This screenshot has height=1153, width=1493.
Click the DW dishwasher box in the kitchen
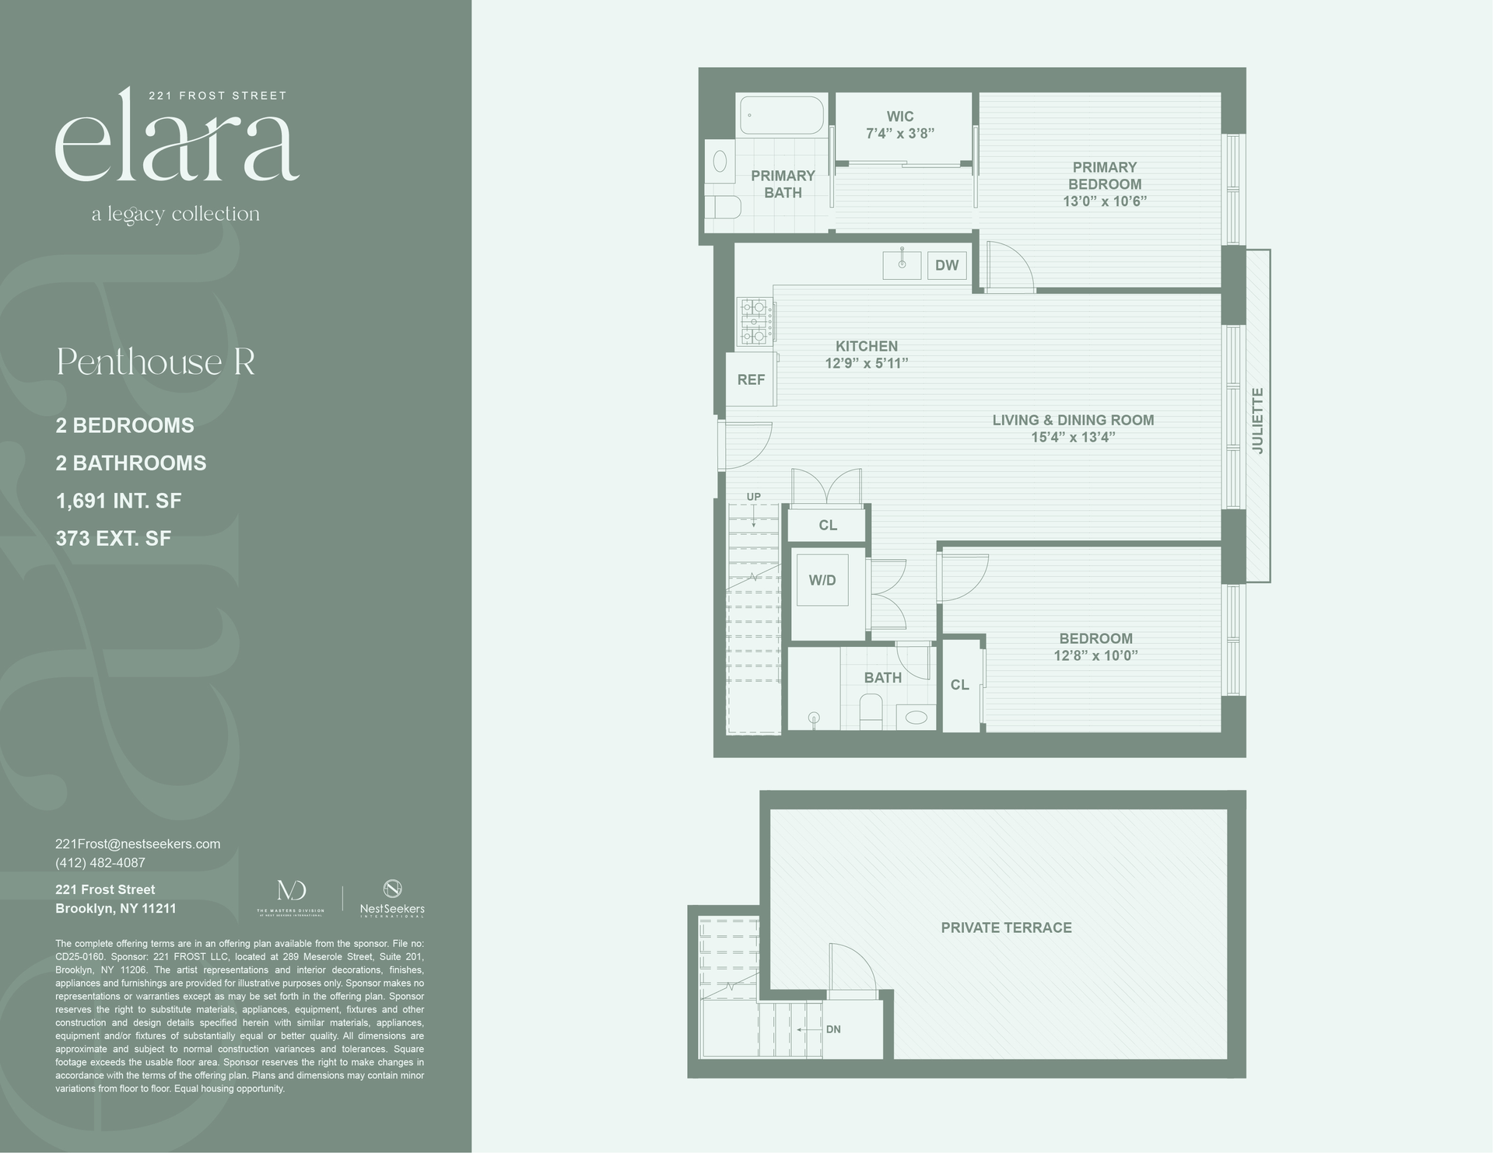click(947, 265)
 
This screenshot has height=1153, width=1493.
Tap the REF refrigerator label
click(751, 379)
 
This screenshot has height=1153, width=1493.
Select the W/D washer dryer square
click(822, 580)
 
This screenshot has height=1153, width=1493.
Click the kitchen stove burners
click(755, 321)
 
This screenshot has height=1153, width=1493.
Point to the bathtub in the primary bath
click(780, 115)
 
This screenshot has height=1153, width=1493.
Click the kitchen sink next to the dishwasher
click(902, 265)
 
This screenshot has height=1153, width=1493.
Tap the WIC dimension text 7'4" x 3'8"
click(900, 133)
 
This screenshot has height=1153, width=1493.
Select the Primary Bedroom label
click(1105, 176)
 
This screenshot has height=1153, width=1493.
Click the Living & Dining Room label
click(1073, 420)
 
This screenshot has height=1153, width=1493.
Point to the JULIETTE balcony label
click(1258, 421)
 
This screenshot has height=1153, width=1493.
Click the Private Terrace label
click(1006, 928)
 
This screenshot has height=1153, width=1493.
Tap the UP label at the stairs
click(753, 497)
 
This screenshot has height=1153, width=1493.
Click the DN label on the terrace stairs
click(833, 1029)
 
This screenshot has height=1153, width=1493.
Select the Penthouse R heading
click(156, 362)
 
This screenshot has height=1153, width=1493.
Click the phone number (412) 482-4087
click(100, 862)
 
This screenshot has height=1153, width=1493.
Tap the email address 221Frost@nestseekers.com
click(138, 844)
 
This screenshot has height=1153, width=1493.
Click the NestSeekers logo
click(392, 897)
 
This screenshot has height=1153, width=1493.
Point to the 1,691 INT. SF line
click(118, 501)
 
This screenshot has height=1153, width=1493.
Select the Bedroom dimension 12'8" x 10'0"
click(1095, 655)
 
